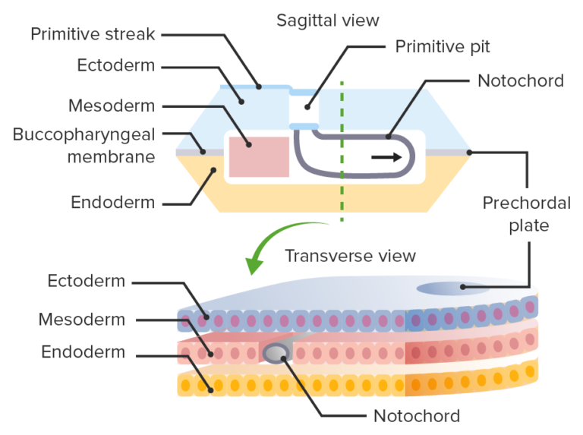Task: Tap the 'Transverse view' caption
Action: coord(350,255)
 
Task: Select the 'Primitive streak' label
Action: coord(93,34)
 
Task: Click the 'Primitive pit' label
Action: coord(443,47)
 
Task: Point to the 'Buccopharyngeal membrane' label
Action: coord(84,145)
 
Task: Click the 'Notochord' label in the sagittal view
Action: coord(520,80)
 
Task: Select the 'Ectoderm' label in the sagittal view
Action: coord(116,66)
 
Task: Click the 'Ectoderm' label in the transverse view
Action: coord(86,282)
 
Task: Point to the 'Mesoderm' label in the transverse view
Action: coord(81,319)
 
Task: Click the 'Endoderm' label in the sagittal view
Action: coord(112,203)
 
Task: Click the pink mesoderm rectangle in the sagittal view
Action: coord(259,157)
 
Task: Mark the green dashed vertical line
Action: coord(342,152)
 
